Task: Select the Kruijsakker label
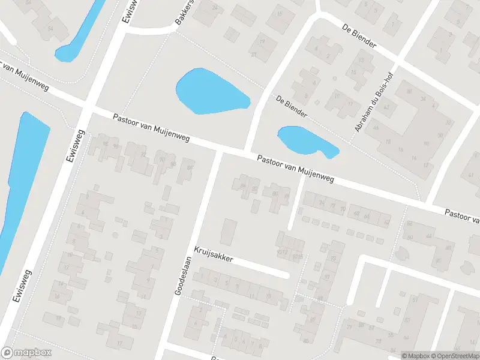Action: click(213, 255)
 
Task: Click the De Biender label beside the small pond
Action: click(292, 106)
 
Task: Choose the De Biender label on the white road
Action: click(359, 36)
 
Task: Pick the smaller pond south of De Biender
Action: click(303, 140)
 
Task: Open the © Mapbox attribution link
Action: click(416, 356)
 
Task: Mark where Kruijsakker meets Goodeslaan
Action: click(191, 249)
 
